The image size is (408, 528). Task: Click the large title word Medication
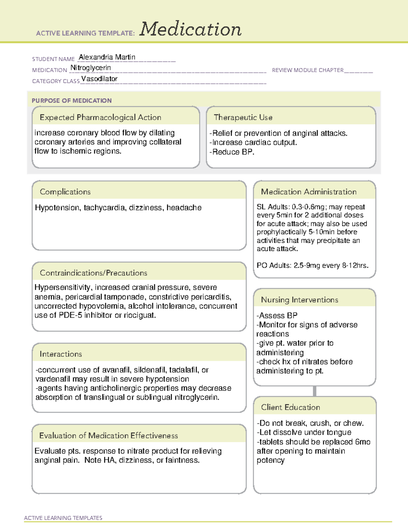pos(190,29)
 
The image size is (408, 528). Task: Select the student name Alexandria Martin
pos(107,57)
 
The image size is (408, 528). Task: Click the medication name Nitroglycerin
pos(90,68)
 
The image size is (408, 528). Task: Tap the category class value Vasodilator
pos(99,79)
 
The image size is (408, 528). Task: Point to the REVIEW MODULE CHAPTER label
pos(308,70)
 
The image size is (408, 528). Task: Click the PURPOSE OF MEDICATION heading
pos(71,101)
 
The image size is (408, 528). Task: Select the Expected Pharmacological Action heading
pos(100,117)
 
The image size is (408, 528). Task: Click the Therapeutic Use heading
pos(243,117)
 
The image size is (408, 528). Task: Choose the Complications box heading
pos(65,192)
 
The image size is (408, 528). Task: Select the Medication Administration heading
pos(308,192)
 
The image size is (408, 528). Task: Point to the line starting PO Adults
pos(312,265)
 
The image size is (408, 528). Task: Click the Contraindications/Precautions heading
pos(93,273)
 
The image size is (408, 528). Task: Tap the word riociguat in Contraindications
pos(139,315)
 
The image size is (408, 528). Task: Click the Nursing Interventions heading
pos(299,300)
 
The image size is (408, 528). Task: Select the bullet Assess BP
pos(277,316)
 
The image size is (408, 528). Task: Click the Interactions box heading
pos(61,354)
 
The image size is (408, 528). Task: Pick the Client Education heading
pos(290,407)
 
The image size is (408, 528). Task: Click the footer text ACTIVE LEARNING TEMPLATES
pos(63,518)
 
